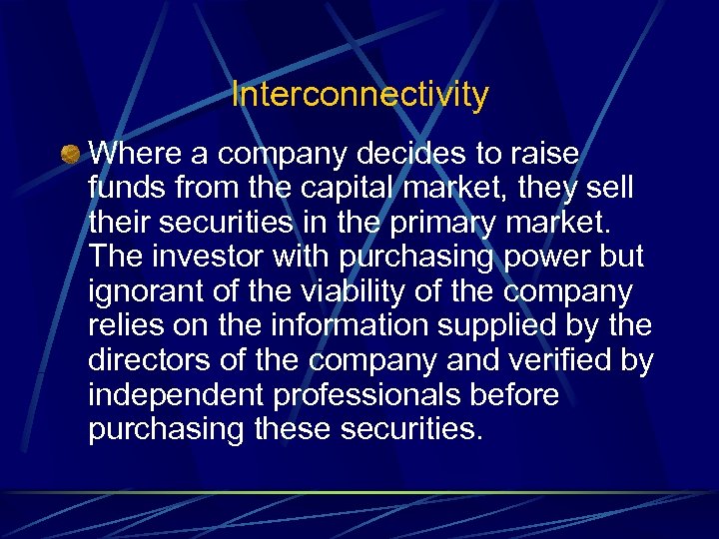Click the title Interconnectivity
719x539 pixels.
[359, 95]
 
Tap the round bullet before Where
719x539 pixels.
[69, 155]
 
